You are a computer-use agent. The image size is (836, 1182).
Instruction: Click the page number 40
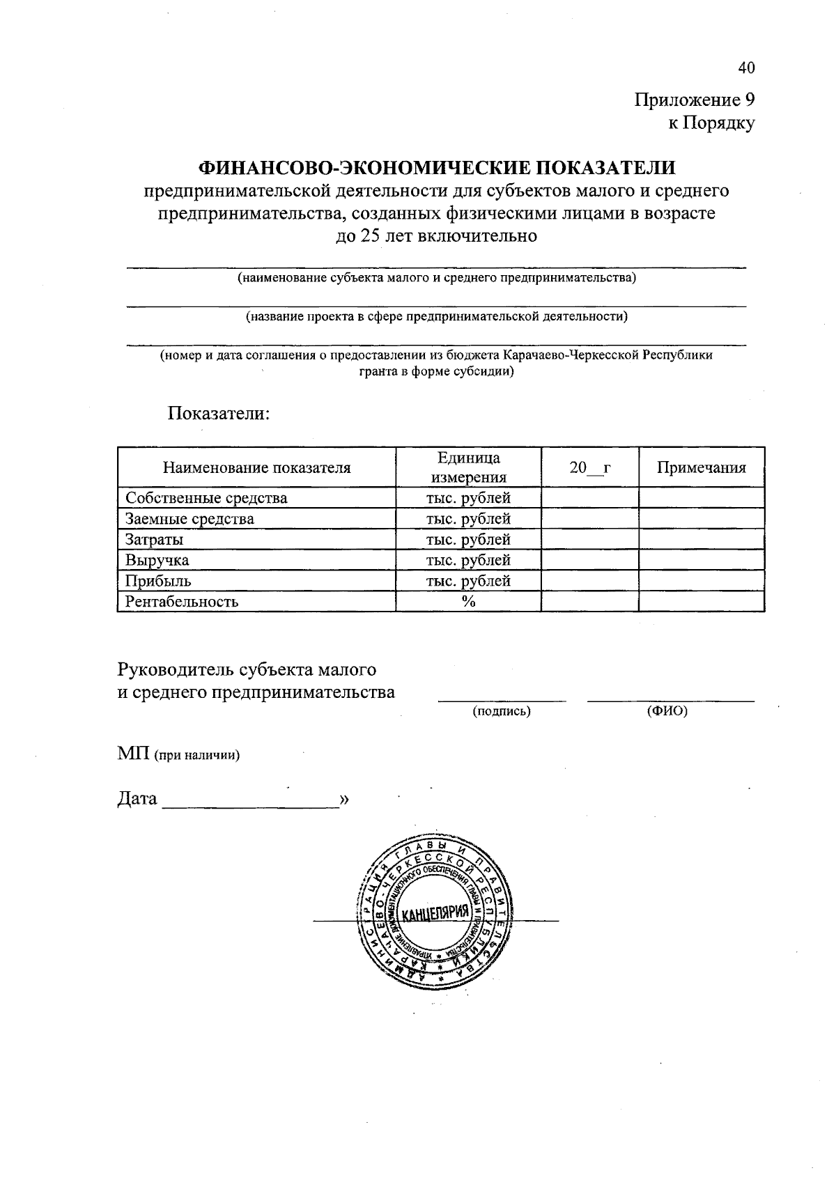745,68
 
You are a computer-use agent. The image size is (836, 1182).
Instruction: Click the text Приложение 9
694,100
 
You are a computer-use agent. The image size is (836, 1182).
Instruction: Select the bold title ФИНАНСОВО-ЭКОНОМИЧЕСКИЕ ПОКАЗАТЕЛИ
438,167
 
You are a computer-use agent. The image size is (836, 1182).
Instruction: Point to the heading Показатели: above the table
218,413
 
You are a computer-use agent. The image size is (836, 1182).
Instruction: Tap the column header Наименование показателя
256,467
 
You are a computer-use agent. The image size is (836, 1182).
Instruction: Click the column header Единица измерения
468,467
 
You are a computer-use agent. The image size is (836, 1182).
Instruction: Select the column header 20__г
589,467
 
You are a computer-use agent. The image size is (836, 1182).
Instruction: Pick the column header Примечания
701,467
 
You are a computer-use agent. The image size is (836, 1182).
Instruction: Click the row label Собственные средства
206,498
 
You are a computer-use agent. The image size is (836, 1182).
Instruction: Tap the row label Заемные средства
189,519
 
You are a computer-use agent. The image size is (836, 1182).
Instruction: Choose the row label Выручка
157,560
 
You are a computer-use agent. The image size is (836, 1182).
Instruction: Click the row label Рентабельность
182,602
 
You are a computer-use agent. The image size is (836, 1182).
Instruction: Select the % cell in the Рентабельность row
468,602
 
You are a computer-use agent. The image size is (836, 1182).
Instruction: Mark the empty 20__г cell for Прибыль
589,581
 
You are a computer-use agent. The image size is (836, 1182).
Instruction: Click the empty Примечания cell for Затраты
701,540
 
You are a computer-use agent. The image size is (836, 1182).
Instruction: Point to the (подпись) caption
502,711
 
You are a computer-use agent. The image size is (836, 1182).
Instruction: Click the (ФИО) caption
667,711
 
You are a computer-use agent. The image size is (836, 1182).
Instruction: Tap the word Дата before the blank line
137,798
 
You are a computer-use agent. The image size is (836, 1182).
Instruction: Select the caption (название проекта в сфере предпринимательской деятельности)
436,317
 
